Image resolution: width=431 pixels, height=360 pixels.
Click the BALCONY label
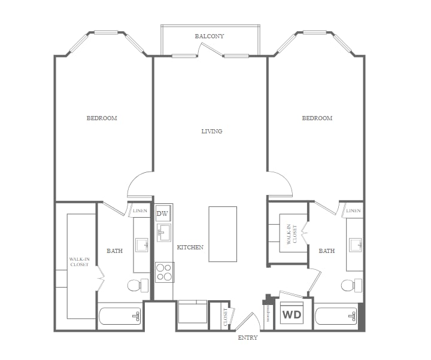coord(210,36)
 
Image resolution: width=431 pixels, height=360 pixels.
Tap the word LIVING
coord(211,131)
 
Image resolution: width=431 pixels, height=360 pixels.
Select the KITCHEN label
coord(190,247)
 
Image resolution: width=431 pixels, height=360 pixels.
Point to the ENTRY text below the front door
coord(247,338)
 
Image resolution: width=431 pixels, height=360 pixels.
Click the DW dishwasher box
coord(163,213)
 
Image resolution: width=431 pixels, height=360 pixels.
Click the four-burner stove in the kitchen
coord(164,272)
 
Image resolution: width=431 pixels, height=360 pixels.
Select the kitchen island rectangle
coord(222,234)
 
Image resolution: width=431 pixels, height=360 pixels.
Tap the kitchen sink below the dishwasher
coord(164,233)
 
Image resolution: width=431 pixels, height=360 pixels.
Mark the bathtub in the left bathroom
coord(120,316)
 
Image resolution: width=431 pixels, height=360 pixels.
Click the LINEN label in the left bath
coord(140,210)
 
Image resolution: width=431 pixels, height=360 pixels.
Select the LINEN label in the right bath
coord(353,210)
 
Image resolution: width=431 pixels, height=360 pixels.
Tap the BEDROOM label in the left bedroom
coord(102,118)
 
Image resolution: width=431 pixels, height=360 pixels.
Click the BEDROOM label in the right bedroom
coord(317,118)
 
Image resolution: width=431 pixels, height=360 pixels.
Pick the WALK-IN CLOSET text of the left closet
coord(79,261)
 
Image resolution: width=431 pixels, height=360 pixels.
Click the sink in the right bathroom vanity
coord(354,245)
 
